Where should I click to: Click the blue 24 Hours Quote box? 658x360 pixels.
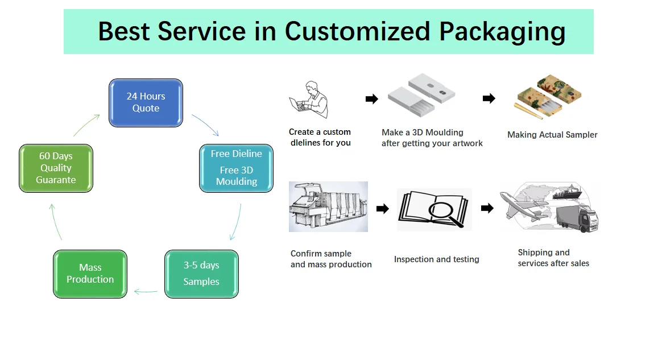tap(146, 103)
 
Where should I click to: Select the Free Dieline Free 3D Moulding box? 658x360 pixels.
tap(236, 168)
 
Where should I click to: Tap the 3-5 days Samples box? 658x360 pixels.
tap(201, 274)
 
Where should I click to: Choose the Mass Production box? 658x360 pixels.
tap(90, 274)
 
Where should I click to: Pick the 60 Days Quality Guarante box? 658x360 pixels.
tap(56, 168)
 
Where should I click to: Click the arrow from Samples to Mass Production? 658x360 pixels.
tap(146, 291)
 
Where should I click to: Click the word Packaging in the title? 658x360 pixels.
tap(502, 32)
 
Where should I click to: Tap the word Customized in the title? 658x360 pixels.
tap(358, 31)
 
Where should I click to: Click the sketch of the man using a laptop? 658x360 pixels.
tap(309, 100)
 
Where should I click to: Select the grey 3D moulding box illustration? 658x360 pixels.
tap(421, 95)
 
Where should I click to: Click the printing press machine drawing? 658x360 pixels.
tap(328, 206)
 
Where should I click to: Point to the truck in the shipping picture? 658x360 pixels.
tap(577, 217)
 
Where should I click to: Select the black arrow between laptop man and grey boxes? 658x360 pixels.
tap(372, 99)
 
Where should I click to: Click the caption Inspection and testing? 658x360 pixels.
tap(436, 259)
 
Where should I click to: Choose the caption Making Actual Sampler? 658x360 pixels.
tap(552, 135)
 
